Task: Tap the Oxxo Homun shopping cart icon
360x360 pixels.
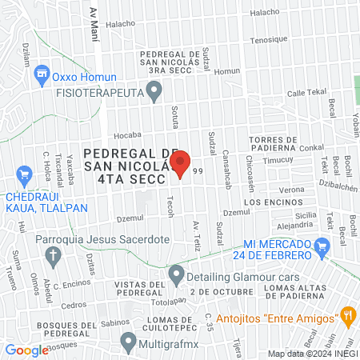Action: point(42,77)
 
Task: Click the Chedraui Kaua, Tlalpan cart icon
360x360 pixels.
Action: point(24,173)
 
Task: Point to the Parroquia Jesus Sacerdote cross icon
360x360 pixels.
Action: point(54,256)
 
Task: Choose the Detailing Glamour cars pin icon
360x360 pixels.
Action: point(176,276)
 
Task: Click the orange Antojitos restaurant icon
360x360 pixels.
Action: point(347,315)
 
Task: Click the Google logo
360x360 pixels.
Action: point(26,350)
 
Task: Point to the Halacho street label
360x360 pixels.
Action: point(266,12)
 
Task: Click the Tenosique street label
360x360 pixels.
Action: point(268,39)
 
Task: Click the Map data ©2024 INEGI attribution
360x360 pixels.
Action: point(310,354)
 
